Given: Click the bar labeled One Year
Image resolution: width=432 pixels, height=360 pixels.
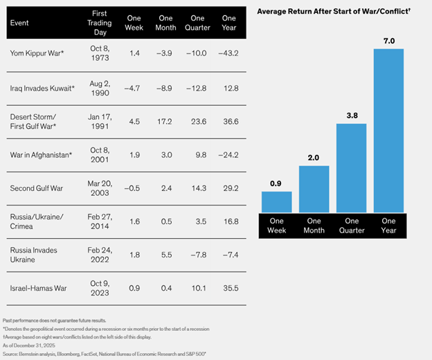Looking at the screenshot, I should pyautogui.click(x=388, y=132).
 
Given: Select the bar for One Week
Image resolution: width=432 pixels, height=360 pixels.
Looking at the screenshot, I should pyautogui.click(x=276, y=201).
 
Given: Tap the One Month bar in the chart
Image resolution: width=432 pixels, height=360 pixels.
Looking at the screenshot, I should pyautogui.click(x=314, y=188).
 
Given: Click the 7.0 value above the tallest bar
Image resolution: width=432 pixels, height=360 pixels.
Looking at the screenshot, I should pyautogui.click(x=388, y=42).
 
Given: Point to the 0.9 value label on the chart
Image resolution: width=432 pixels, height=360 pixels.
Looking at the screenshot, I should pyautogui.click(x=276, y=183).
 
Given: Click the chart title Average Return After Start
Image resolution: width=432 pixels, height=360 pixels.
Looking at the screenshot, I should pyautogui.click(x=323, y=12).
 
